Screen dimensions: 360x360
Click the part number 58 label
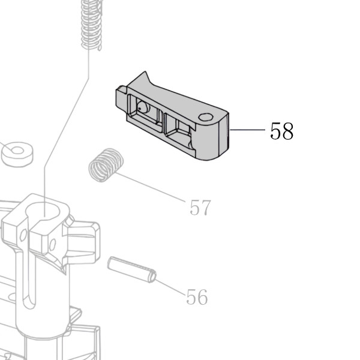pos(282,131)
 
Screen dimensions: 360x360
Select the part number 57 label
pos(200,208)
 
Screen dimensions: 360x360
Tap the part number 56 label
pos(197,296)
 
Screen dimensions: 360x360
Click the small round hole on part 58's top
pos(205,117)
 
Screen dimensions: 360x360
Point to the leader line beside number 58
pos(247,130)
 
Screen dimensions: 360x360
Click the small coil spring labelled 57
pos(106,165)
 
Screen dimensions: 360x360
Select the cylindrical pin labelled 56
pos(132,269)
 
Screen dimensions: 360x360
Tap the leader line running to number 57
pos(151,187)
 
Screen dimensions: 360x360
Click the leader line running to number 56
pos(170,287)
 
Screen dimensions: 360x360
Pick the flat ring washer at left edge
pos(17,154)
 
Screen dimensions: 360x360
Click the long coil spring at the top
pos(91,25)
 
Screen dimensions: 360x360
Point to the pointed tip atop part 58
pos(145,71)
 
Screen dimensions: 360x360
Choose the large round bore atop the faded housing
pos(43,211)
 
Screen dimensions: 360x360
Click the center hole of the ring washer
pos(17,151)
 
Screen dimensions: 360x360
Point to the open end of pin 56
pos(152,276)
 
